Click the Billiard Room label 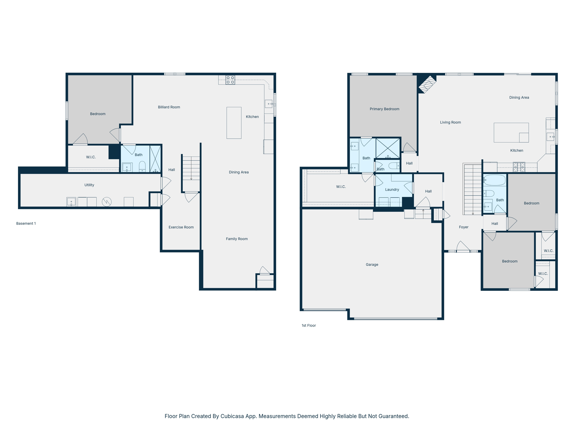pos(169,107)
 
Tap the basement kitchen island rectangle pos(234,123)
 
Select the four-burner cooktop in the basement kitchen pos(230,80)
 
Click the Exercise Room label pos(181,227)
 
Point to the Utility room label pos(89,185)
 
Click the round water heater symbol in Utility pos(107,201)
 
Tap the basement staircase pos(191,168)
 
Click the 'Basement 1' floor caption pos(26,223)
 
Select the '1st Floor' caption pos(309,325)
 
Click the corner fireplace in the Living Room pos(427,84)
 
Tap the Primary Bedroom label pos(384,109)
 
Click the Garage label pos(372,264)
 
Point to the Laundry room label pos(392,189)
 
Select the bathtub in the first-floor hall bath pos(494,180)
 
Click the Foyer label pos(464,227)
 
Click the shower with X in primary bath pos(388,148)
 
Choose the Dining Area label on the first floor pos(519,97)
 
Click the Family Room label pos(237,239)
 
